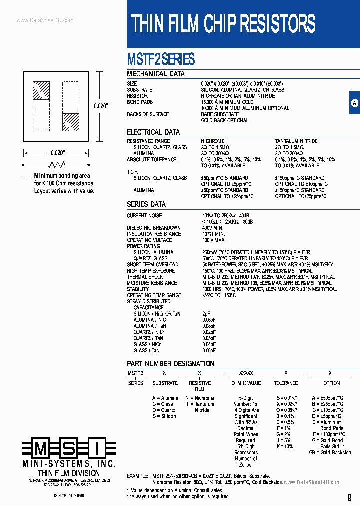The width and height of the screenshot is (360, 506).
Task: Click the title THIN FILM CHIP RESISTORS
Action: pyautogui.click(x=223, y=23)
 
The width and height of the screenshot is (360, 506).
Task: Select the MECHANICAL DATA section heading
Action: pyautogui.click(x=156, y=74)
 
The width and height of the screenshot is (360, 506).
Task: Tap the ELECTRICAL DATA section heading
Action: pyautogui.click(x=153, y=132)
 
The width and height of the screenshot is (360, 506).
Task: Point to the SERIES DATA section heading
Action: pyautogui.click(x=146, y=204)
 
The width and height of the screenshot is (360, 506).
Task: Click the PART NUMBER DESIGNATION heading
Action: pyautogui.click(x=170, y=364)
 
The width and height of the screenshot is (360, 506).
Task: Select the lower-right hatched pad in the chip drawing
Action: pyautogui.click(x=71, y=122)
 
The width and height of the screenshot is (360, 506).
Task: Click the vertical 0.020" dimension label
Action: pyautogui.click(x=101, y=106)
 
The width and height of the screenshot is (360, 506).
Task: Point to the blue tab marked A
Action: pyautogui.click(x=354, y=103)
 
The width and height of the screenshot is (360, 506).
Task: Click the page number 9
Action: pyautogui.click(x=349, y=497)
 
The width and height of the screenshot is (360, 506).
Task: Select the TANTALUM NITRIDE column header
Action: pyautogui.click(x=296, y=141)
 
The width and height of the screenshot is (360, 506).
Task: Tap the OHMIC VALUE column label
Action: pyautogui.click(x=246, y=383)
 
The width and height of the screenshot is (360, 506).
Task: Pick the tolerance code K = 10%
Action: pyautogui.click(x=285, y=446)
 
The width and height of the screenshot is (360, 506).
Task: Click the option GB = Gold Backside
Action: pyautogui.click(x=330, y=452)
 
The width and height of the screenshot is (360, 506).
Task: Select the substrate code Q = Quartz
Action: pyautogui.click(x=164, y=410)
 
